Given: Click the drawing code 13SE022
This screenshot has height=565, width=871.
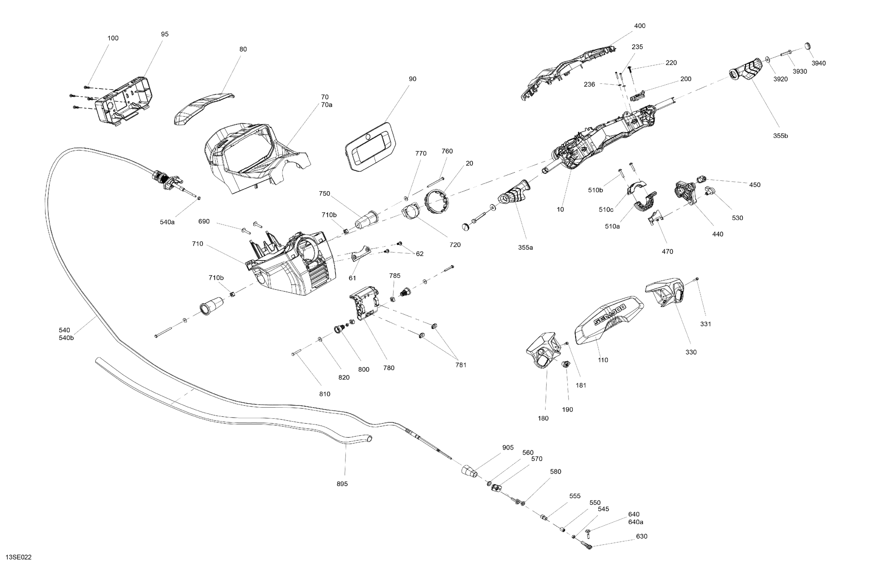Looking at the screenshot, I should (x=19, y=557).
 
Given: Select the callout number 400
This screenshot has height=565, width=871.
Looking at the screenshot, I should (x=640, y=26).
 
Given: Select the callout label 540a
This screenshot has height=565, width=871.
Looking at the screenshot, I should (x=167, y=222).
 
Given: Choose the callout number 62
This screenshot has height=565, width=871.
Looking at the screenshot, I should (x=420, y=254).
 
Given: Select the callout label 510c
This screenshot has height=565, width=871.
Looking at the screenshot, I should (x=606, y=209).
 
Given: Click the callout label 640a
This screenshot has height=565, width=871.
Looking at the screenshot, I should (x=636, y=522).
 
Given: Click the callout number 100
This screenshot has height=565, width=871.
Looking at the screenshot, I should (x=113, y=38).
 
